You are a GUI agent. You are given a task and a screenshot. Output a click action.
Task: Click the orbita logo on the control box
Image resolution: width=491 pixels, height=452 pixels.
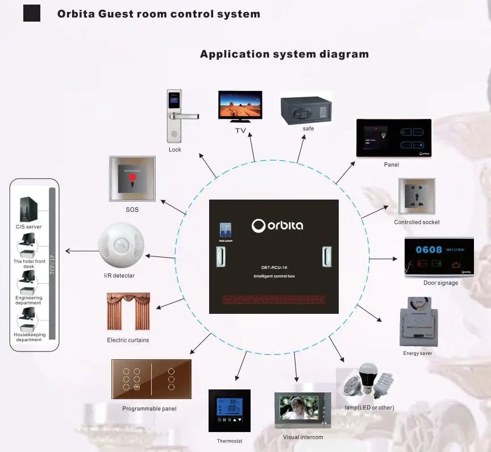pyautogui.click(x=277, y=225)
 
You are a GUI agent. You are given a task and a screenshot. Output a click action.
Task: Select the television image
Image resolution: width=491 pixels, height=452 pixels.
pyautogui.click(x=240, y=106)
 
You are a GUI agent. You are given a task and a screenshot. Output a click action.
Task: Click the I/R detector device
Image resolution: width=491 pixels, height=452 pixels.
pyautogui.click(x=121, y=248)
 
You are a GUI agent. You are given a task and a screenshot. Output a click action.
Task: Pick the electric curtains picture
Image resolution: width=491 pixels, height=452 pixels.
pyautogui.click(x=128, y=312)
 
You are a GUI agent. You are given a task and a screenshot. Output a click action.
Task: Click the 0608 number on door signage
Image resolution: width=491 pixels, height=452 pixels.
pyautogui.click(x=427, y=250)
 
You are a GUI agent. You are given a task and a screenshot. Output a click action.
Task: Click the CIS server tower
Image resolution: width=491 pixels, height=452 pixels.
pyautogui.click(x=29, y=209)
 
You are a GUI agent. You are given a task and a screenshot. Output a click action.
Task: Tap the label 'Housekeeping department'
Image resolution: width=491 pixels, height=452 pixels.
pyautogui.click(x=29, y=337)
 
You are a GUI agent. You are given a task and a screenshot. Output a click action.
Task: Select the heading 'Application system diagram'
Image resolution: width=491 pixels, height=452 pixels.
pyautogui.click(x=284, y=55)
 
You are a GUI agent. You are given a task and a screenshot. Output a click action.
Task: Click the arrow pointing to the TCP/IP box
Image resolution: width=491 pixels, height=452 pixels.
pyautogui.click(x=80, y=251)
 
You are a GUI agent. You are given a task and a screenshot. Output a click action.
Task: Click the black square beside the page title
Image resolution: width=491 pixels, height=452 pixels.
pyautogui.click(x=32, y=13)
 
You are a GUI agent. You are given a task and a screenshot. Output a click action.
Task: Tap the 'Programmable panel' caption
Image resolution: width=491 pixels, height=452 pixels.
pyautogui.click(x=149, y=409)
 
